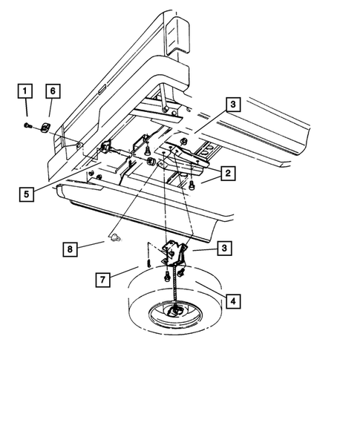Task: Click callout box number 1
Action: (x=25, y=91)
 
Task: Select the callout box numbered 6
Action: (x=53, y=91)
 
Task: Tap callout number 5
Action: (x=27, y=194)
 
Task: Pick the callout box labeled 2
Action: (x=228, y=174)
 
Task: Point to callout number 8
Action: (x=70, y=249)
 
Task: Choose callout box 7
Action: (x=103, y=280)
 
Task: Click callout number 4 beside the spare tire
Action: (x=233, y=301)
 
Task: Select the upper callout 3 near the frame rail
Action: (x=233, y=105)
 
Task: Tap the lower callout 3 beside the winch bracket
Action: (x=224, y=248)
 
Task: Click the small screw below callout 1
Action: (x=27, y=126)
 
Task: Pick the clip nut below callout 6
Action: (x=45, y=128)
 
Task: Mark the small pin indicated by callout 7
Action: (x=149, y=263)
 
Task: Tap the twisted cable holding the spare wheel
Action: (x=175, y=283)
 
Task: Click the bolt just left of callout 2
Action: (x=192, y=185)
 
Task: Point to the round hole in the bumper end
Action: (x=79, y=145)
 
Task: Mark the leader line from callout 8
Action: (x=91, y=245)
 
